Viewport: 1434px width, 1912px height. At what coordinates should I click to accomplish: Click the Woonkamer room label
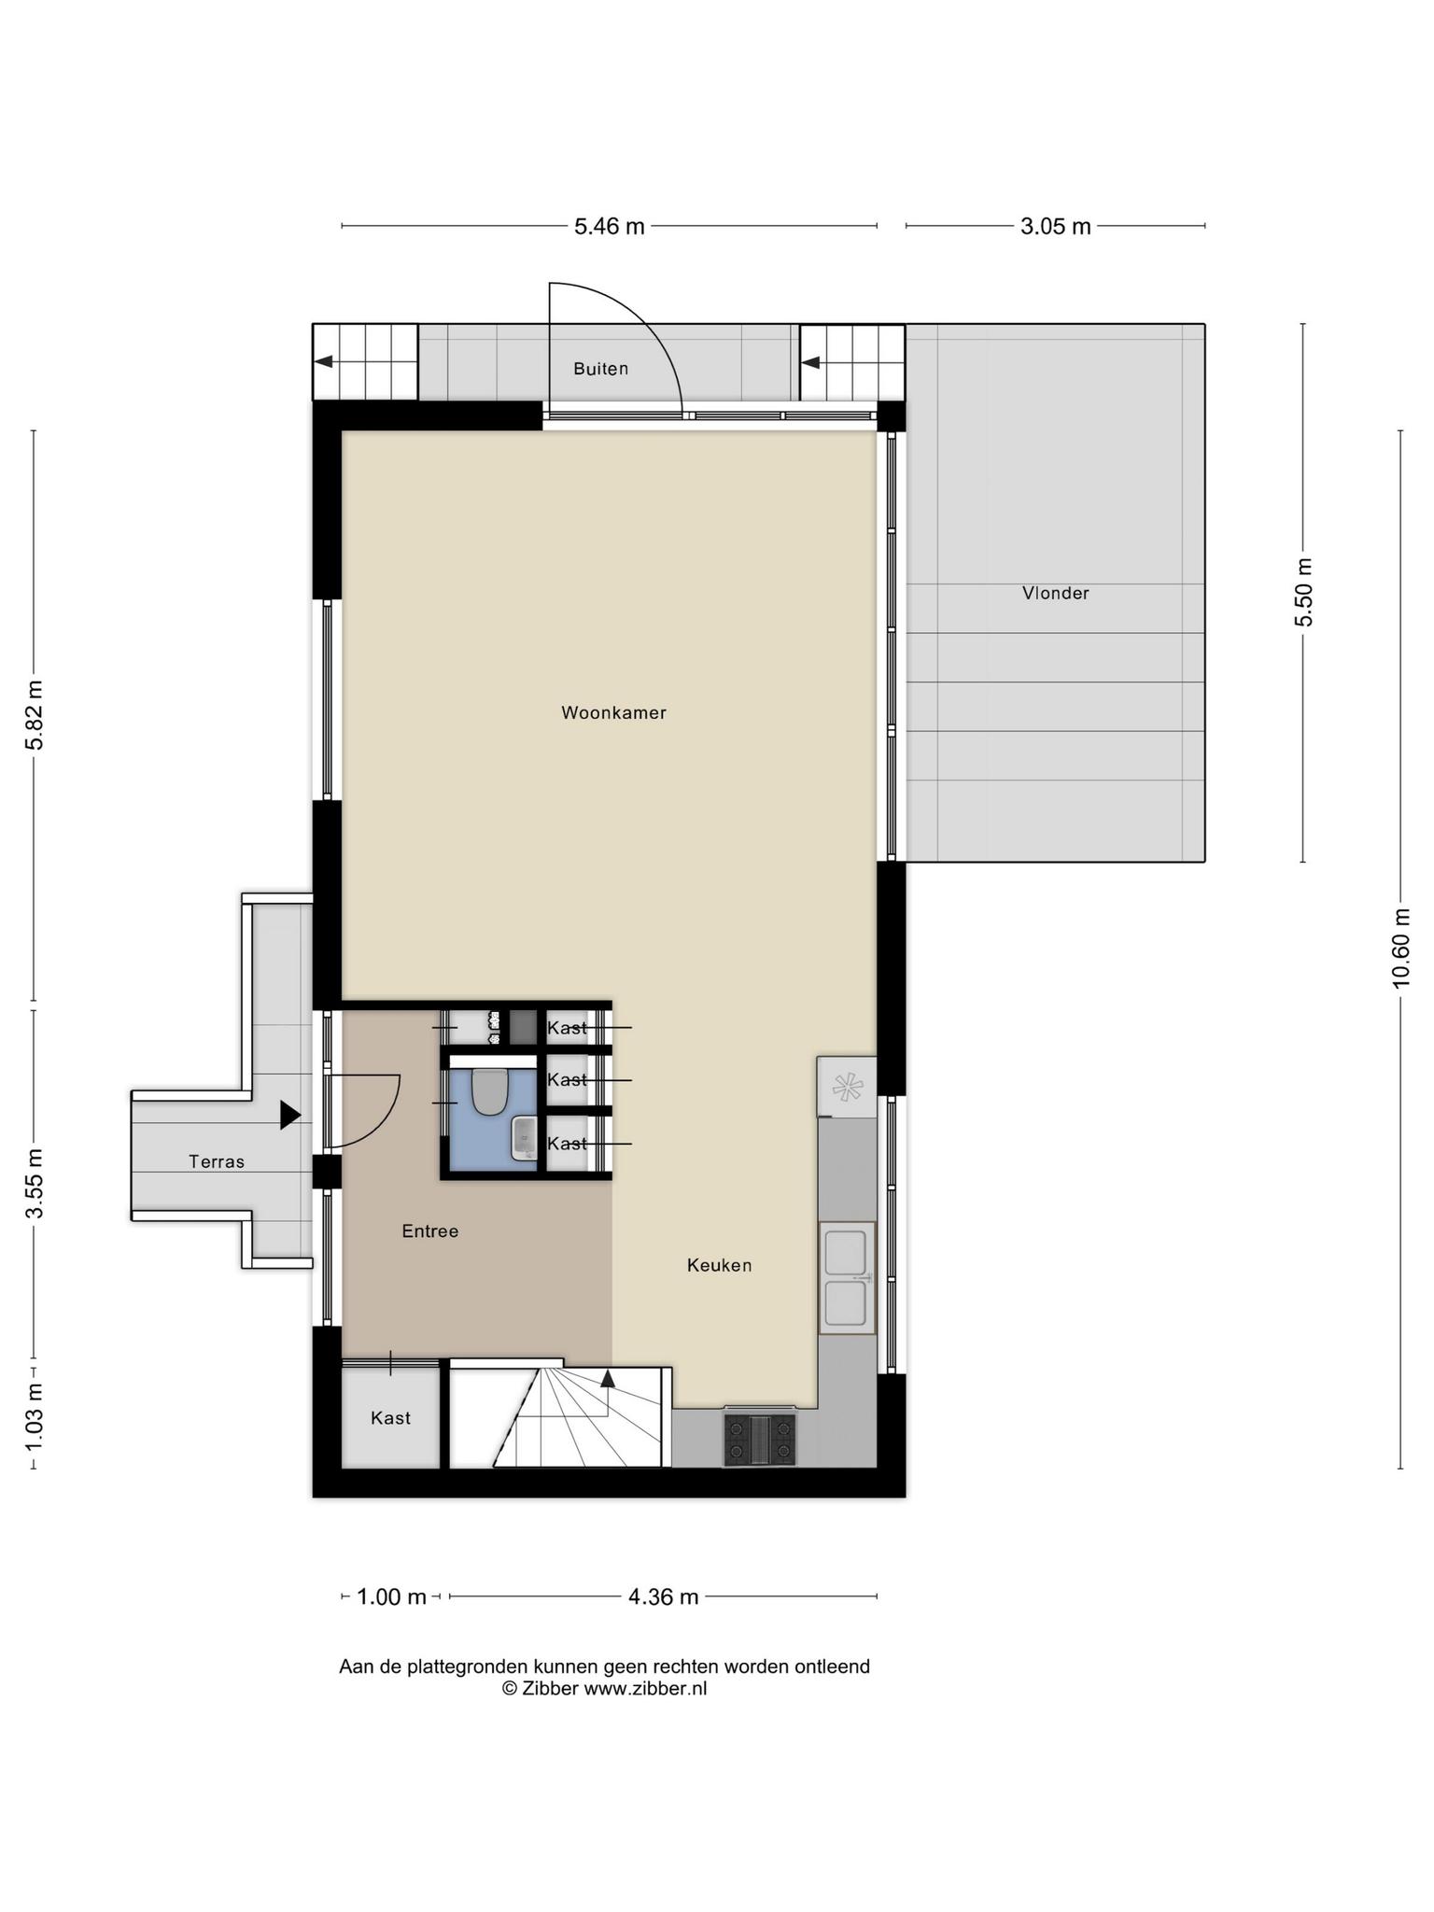613,712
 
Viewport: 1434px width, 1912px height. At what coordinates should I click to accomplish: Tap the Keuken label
719,1265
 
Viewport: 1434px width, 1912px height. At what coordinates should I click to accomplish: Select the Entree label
429,1231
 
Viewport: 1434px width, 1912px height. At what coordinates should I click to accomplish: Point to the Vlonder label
1055,593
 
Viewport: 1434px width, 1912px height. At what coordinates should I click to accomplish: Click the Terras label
217,1161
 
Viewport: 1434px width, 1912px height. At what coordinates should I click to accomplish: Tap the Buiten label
600,369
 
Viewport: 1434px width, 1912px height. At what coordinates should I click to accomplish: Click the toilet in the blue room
489,1091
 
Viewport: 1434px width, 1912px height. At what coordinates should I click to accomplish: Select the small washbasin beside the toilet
525,1138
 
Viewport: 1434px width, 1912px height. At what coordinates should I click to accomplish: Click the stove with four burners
760,1439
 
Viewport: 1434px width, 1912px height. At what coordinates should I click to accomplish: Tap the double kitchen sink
848,1277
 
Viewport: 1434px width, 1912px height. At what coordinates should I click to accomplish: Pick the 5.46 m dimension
610,226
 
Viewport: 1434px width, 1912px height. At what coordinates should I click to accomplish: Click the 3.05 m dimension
1056,226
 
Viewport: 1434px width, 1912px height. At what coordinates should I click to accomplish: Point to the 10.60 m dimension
1400,948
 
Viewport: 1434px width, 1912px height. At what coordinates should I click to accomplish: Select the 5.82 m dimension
35,714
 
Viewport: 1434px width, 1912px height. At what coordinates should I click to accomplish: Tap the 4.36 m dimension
663,1596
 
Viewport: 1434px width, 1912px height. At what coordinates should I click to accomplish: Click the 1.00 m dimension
392,1596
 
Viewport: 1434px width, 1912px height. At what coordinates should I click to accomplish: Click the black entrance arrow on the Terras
290,1115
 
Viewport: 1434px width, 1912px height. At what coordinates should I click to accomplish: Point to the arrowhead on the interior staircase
608,1377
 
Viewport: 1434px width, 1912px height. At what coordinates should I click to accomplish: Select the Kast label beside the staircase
390,1418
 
